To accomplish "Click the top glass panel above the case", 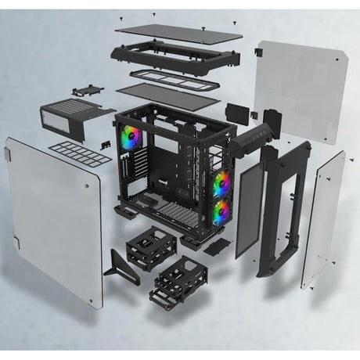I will pos(178,32).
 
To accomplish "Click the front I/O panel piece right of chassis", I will pos(258,129).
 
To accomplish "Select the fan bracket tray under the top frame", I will pos(169,80).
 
